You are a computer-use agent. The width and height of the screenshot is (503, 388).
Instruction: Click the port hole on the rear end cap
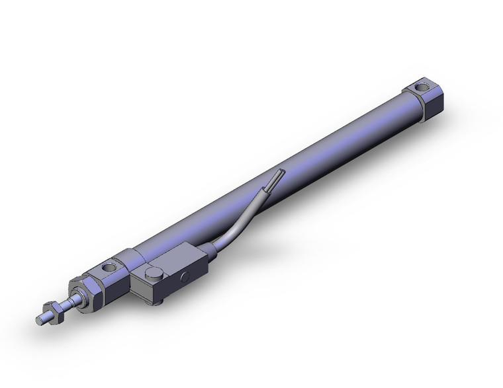point(420,87)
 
